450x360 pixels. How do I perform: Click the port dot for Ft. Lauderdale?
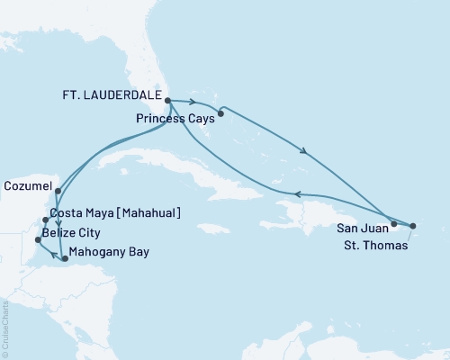(168, 101)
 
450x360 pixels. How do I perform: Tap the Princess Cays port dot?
(220, 114)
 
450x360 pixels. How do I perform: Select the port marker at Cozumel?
(57, 191)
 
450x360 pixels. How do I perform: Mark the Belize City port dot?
(37, 239)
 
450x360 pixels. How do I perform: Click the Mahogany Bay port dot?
(64, 258)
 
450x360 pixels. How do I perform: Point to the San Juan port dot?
(394, 223)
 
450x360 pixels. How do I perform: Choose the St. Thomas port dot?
(413, 226)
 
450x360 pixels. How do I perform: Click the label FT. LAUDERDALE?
(111, 94)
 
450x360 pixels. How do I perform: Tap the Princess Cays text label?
(175, 117)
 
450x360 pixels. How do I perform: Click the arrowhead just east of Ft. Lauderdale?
(193, 102)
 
